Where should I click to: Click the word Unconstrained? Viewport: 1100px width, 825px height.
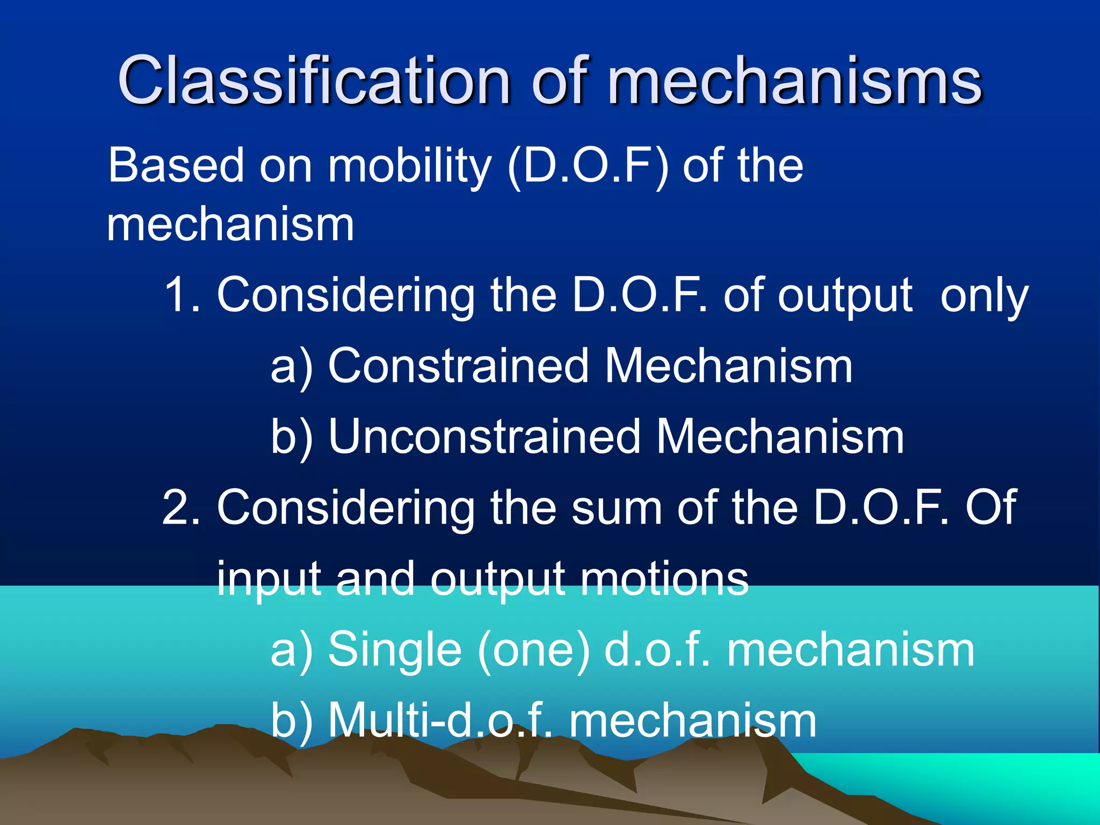484,437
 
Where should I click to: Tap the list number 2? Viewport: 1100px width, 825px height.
180,507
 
